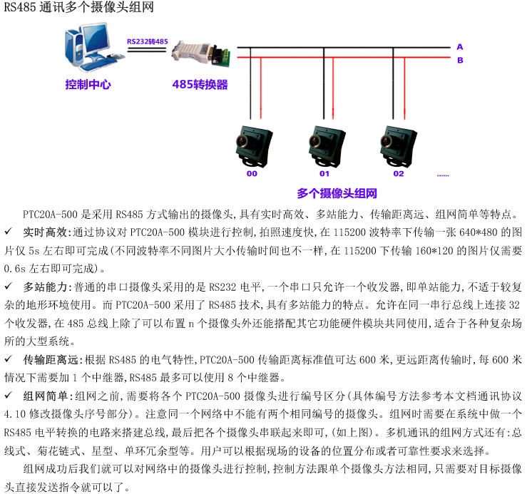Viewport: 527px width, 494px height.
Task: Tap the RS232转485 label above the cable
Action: click(147, 41)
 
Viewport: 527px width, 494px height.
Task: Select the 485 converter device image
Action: click(202, 53)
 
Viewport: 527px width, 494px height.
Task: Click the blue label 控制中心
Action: click(88, 84)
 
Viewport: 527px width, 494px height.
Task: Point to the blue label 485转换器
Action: click(200, 84)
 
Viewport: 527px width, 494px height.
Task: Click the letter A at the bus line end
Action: click(460, 47)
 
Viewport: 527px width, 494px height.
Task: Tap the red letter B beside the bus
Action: click(460, 60)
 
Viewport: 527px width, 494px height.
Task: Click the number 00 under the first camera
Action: click(252, 173)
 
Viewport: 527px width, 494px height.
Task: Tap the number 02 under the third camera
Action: click(398, 173)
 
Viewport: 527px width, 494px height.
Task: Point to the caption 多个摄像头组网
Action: click(337, 193)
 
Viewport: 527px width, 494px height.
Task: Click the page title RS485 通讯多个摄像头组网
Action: click(78, 8)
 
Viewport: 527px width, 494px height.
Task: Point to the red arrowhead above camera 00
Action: click(261, 112)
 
